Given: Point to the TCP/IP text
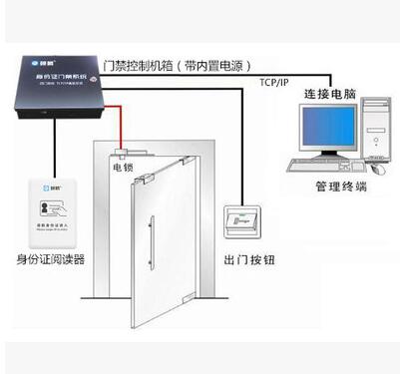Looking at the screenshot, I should [276, 82].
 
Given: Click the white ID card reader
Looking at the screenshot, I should [46, 214].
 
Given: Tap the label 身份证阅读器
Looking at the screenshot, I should [46, 261].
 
